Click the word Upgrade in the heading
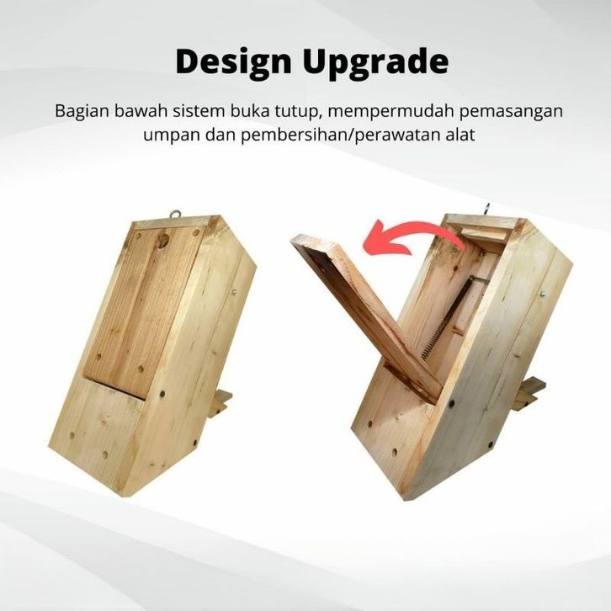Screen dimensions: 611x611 (x=376, y=63)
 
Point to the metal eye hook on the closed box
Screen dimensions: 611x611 (x=175, y=215)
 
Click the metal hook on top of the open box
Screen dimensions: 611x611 (x=486, y=209)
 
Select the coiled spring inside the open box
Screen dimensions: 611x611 (x=448, y=316)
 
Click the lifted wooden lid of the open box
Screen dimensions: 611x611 (x=366, y=316)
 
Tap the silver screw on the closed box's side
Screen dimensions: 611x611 (x=234, y=292)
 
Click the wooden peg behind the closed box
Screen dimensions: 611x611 (x=220, y=403)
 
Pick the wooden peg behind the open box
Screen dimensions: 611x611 (x=529, y=394)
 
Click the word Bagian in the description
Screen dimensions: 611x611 (x=82, y=112)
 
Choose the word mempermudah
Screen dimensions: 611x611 (x=390, y=112)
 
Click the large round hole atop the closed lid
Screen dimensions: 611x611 (x=163, y=238)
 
